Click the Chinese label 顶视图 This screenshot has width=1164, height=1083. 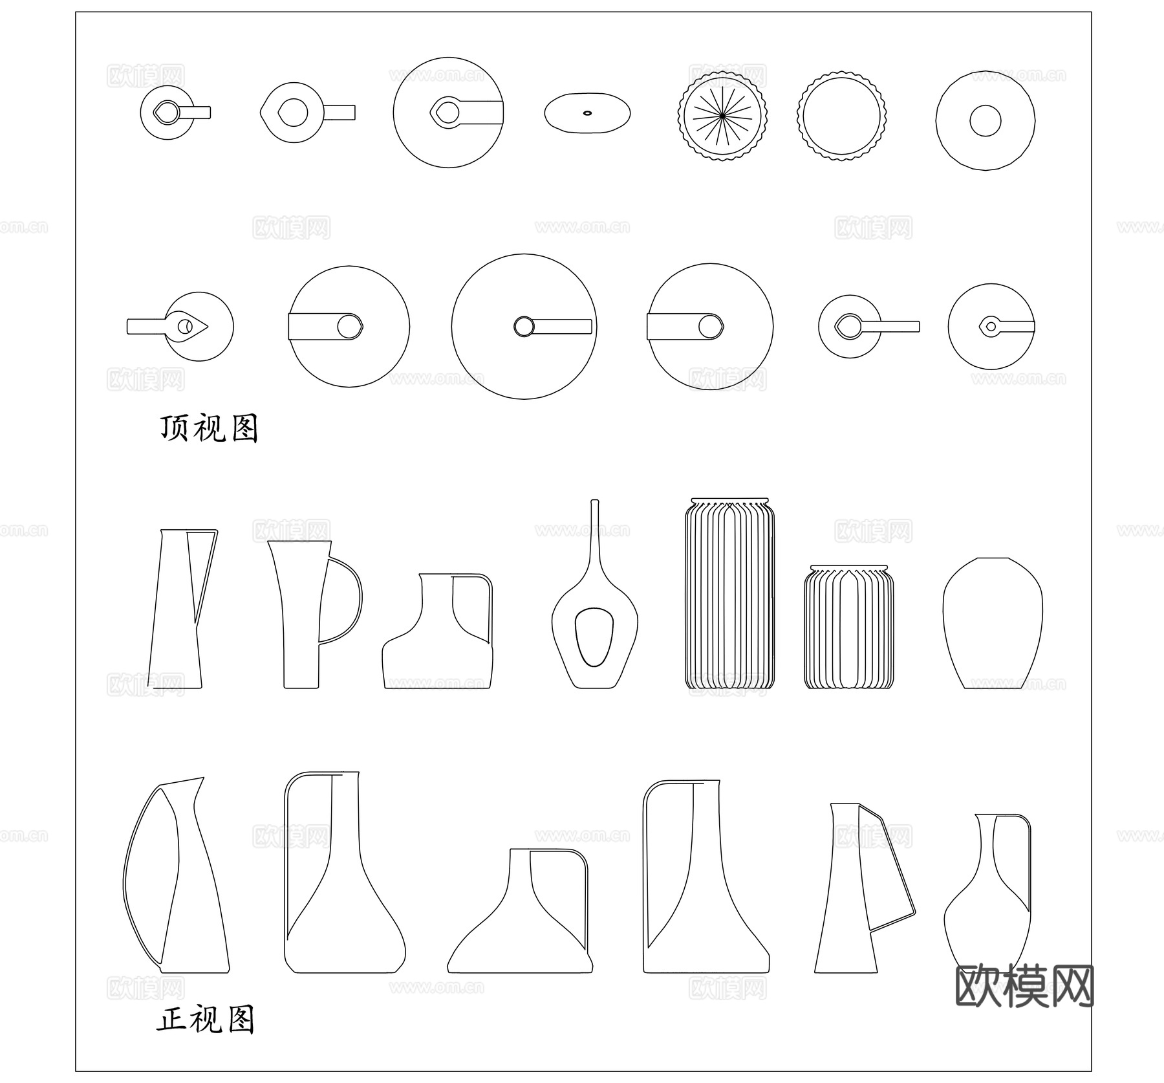(x=209, y=428)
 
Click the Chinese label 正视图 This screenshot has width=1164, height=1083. (x=206, y=1020)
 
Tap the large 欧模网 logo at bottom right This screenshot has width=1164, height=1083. (x=1025, y=987)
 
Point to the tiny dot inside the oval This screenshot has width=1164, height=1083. (x=587, y=113)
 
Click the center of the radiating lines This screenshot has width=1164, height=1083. (x=722, y=116)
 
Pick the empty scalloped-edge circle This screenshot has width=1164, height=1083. (x=841, y=116)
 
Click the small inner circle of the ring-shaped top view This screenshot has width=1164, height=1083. (x=985, y=121)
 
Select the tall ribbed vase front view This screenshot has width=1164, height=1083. (x=729, y=593)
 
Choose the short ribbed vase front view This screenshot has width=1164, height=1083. (x=848, y=627)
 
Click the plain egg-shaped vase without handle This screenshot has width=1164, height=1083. (x=992, y=623)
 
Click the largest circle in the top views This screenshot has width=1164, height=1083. (x=524, y=327)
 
